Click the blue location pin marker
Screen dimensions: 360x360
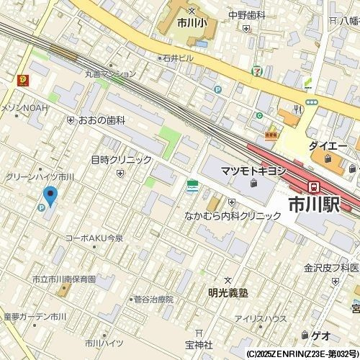point(50,195)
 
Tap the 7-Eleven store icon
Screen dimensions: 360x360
point(258,71)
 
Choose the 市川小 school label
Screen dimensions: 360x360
point(192,22)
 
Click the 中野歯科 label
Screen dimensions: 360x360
point(247,14)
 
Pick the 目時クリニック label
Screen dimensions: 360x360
point(121,160)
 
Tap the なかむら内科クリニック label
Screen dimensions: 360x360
point(233,215)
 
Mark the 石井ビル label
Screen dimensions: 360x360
point(177,58)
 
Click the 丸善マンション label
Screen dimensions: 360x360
point(109,73)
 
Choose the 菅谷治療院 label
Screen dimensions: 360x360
point(153,299)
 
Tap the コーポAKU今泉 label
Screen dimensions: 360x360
point(94,238)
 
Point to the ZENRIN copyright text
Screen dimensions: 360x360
point(302,354)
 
